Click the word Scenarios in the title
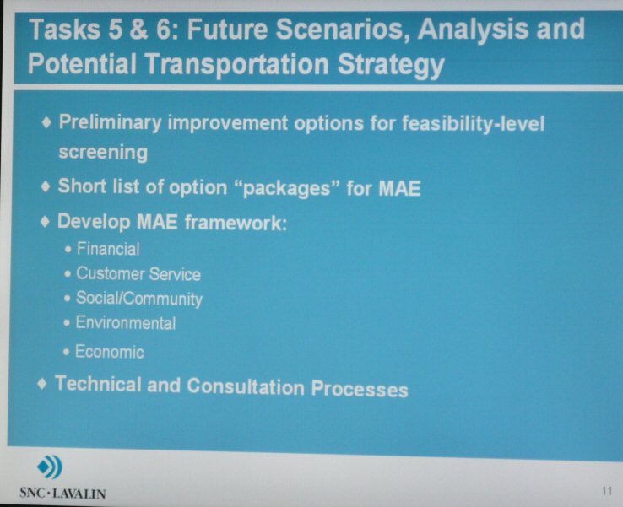(x=343, y=30)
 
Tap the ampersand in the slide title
(x=138, y=30)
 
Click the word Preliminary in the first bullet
(x=110, y=122)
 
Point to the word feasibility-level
(x=473, y=123)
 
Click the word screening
(x=103, y=153)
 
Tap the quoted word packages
(x=286, y=188)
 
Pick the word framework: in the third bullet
(x=236, y=223)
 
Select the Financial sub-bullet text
(x=108, y=250)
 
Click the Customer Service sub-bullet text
(x=138, y=274)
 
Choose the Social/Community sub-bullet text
(x=139, y=299)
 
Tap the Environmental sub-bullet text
(x=126, y=323)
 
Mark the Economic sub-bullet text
(x=109, y=352)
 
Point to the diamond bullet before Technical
(x=41, y=384)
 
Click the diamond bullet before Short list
(x=46, y=186)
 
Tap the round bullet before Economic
(x=67, y=352)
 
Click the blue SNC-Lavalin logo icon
(x=50, y=467)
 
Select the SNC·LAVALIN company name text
(x=62, y=494)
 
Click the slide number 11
(x=607, y=491)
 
